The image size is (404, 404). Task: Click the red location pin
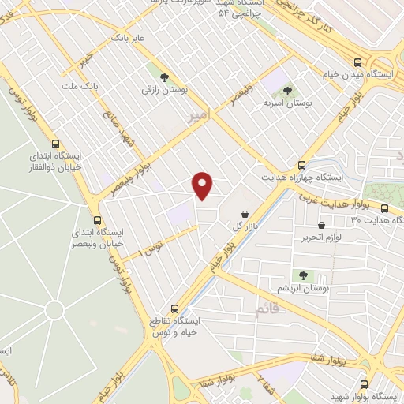tap(204, 185)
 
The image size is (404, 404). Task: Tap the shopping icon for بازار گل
tap(245, 214)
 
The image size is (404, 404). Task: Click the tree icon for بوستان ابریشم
tap(301, 275)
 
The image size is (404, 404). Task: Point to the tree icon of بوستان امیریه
tap(287, 91)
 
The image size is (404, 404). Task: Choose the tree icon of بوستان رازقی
tap(164, 77)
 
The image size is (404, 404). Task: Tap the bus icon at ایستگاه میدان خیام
tap(358, 62)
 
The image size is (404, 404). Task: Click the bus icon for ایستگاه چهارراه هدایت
tap(301, 165)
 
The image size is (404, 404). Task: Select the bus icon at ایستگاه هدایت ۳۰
tap(384, 208)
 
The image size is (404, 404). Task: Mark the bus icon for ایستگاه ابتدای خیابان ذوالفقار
tap(55, 144)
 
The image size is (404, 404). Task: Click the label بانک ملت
tap(80, 84)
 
